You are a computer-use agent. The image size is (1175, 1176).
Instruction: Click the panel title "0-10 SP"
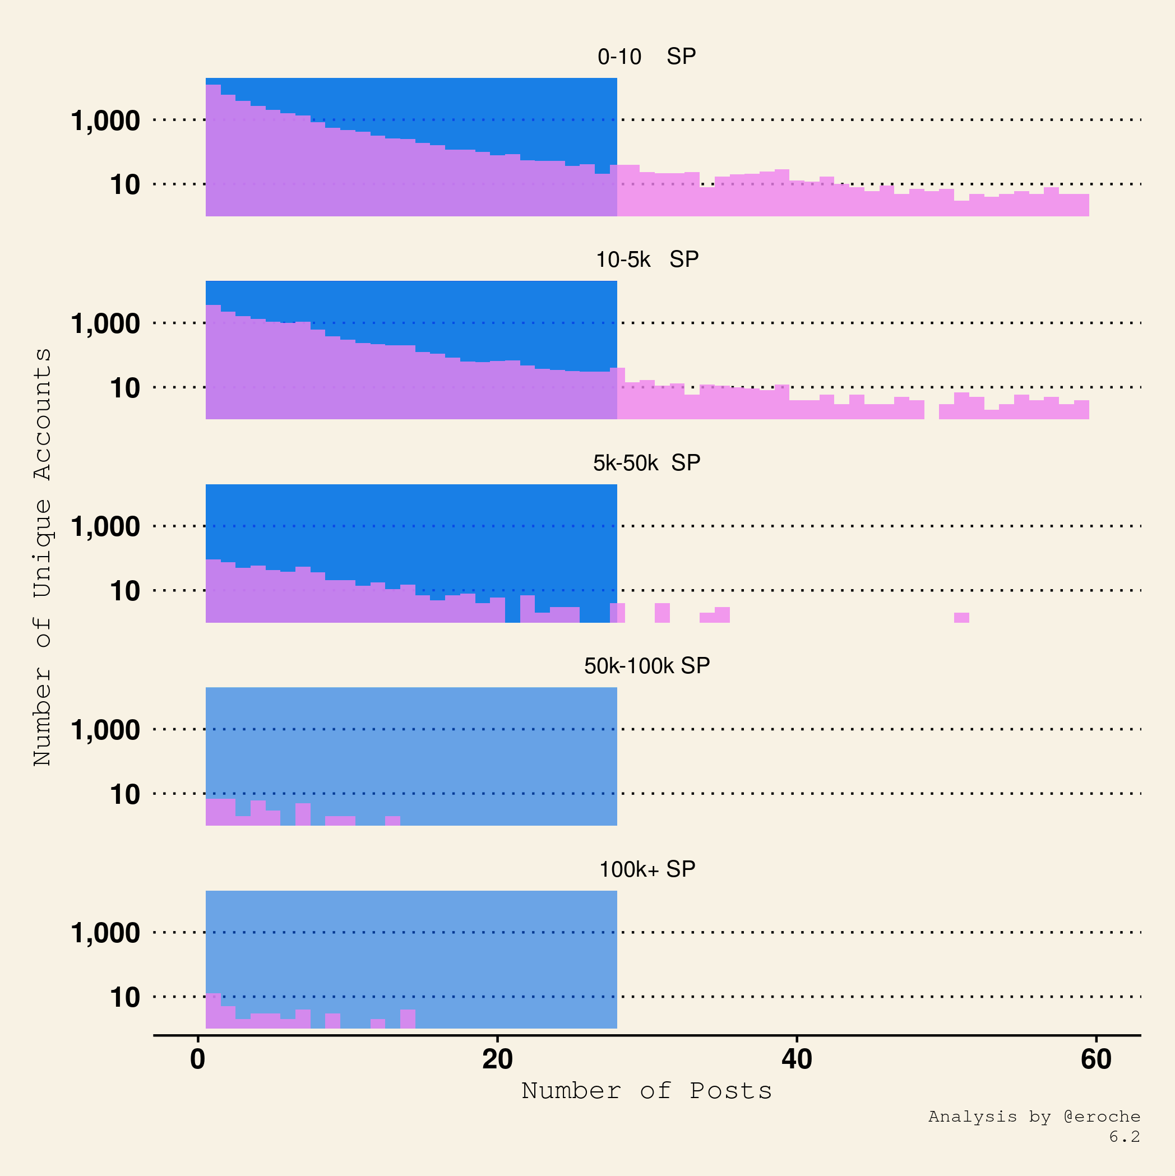(646, 57)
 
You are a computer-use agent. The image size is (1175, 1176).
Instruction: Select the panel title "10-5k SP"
(646, 260)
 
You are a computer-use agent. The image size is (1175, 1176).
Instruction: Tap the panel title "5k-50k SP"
(646, 463)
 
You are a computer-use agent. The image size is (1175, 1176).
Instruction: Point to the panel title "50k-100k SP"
(646, 666)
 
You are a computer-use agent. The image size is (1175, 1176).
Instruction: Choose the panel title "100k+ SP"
(646, 869)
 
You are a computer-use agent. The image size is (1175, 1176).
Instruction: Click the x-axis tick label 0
(198, 1060)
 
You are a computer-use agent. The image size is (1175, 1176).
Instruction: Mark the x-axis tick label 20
(497, 1060)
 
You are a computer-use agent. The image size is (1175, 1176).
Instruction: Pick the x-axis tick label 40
(797, 1060)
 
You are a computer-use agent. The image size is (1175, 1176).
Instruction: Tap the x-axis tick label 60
(1096, 1060)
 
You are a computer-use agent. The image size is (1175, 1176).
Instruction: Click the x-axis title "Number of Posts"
(646, 1091)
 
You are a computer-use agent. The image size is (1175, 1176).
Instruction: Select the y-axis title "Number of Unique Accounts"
(43, 557)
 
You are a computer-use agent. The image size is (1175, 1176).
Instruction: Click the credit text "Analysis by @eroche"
(1034, 1117)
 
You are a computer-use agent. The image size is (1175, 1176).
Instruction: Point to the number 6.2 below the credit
(1124, 1136)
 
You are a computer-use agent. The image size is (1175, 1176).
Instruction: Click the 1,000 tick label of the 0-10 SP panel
(105, 121)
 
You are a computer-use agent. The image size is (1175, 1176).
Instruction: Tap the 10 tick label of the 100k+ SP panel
(125, 998)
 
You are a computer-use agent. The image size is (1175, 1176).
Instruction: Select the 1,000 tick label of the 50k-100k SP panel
(105, 730)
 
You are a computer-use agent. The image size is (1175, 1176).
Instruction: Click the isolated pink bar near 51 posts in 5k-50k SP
(961, 618)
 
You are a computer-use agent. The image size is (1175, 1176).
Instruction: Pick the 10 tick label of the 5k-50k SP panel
(125, 591)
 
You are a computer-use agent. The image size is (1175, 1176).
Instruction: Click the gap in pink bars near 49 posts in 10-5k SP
(932, 411)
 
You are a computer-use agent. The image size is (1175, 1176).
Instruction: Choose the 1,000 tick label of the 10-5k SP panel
(105, 324)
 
